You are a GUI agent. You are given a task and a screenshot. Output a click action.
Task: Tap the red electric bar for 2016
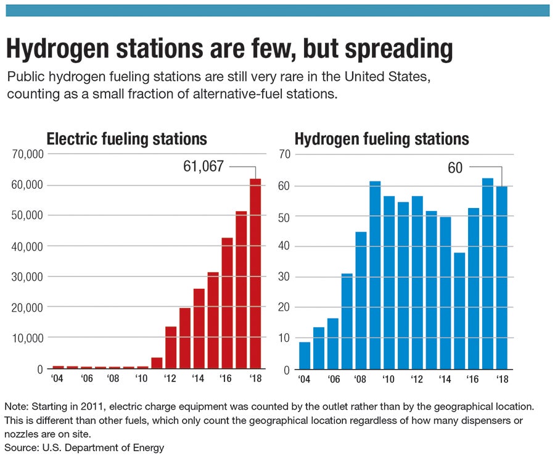coord(227,303)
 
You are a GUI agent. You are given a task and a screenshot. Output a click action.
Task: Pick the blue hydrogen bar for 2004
coord(305,355)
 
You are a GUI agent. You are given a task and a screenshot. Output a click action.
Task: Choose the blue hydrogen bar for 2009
coord(375,275)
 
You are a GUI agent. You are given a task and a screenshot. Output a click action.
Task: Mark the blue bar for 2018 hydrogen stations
coord(502,278)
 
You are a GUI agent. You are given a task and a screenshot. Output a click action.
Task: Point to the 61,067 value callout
coord(203,166)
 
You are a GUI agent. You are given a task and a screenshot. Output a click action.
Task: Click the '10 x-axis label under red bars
coord(142,379)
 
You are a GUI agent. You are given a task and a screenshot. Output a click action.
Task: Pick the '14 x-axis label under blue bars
coord(445,380)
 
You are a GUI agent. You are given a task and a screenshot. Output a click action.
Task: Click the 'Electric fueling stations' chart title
coord(127,138)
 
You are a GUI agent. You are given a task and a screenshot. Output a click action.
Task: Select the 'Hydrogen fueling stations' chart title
coord(382,138)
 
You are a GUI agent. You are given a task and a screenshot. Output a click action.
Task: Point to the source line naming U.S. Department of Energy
coord(84,447)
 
